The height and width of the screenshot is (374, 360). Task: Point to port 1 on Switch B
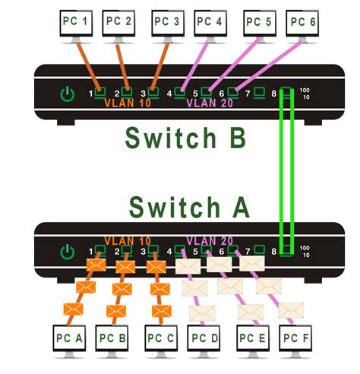(x=99, y=95)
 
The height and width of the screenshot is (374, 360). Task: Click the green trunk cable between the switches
(x=287, y=171)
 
